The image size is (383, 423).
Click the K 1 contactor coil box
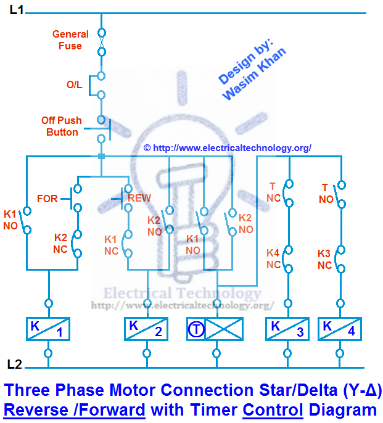tap(48, 329)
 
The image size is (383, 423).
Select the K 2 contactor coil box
tap(146, 329)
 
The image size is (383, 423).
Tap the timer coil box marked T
tap(215, 329)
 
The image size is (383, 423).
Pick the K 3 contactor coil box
tap(287, 329)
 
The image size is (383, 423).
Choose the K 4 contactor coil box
tap(340, 329)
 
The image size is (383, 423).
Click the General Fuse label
tap(70, 40)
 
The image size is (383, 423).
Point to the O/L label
tap(75, 85)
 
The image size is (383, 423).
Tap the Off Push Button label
tap(60, 126)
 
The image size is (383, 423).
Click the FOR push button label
tap(47, 199)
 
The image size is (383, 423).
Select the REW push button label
tap(139, 199)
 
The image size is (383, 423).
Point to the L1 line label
tap(17, 10)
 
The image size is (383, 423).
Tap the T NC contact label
tap(273, 192)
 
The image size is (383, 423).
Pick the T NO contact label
tap(326, 194)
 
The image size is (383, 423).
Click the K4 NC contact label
tap(273, 258)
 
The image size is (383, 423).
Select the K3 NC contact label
tap(325, 259)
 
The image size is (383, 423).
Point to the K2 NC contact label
tap(60, 243)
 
